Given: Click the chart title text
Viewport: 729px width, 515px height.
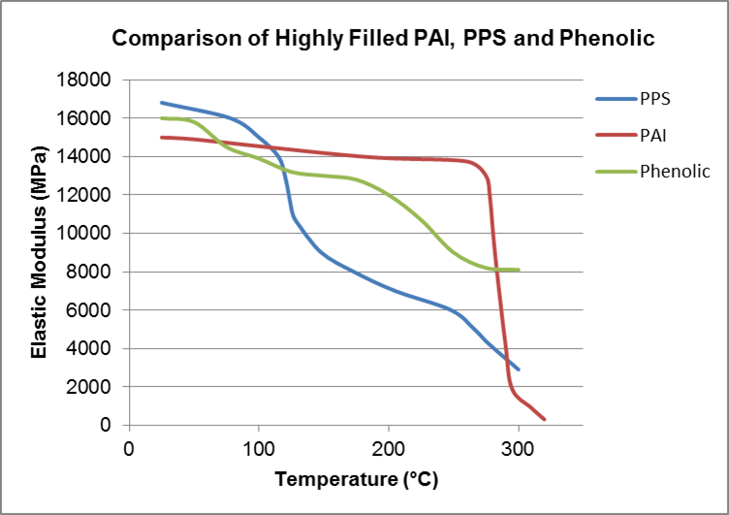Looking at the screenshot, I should (384, 40).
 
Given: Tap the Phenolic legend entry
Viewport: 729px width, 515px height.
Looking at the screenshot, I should (675, 172).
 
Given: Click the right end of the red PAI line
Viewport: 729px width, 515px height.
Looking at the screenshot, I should (545, 419).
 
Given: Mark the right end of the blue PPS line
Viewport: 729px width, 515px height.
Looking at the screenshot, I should (519, 370).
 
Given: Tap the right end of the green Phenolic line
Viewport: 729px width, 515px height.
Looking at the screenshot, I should (519, 270).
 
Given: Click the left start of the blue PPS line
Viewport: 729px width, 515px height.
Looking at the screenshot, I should (162, 103).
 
